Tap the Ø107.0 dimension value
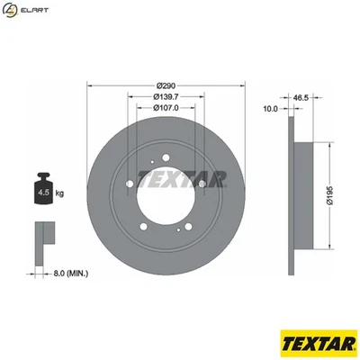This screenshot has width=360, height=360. click(166, 108)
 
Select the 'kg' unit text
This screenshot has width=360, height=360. click(59, 193)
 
